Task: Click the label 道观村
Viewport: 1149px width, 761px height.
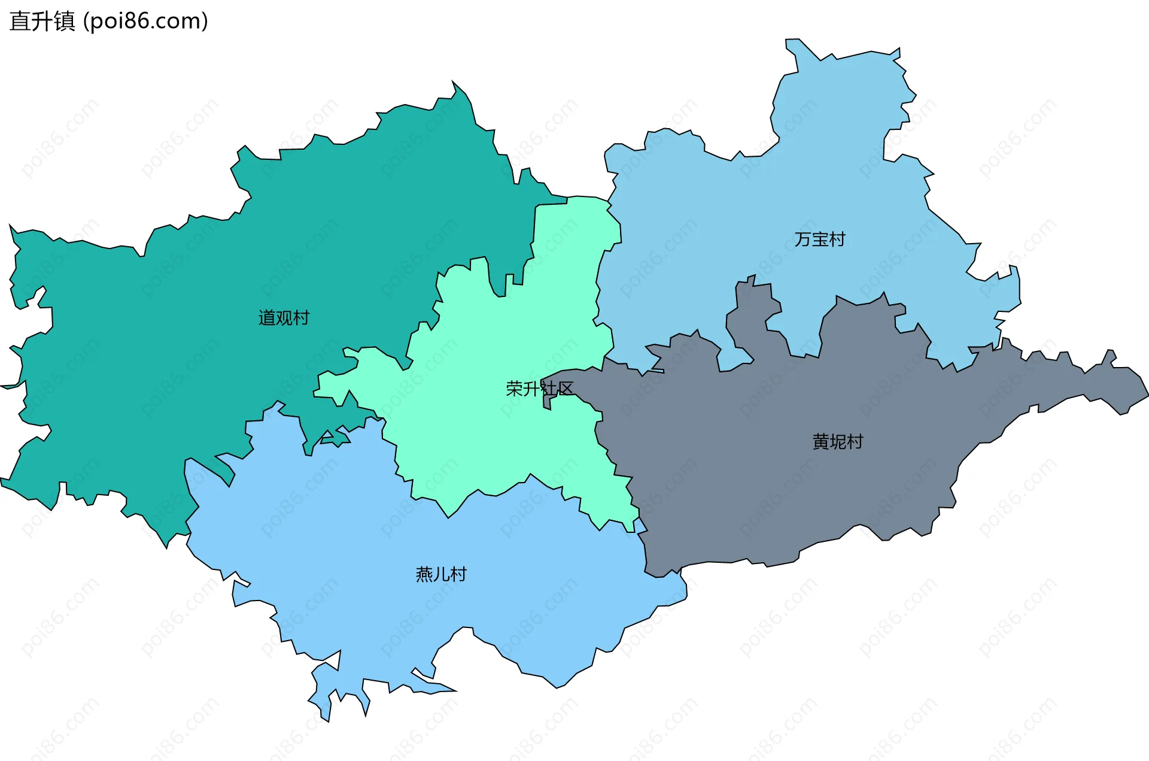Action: pyautogui.click(x=284, y=318)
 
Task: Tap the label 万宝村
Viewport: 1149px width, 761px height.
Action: pyautogui.click(x=820, y=239)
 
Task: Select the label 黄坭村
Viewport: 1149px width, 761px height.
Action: pyautogui.click(x=837, y=442)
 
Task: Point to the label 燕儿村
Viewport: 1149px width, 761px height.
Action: pyautogui.click(x=441, y=574)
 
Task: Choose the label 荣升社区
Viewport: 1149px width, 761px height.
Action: pyautogui.click(x=539, y=389)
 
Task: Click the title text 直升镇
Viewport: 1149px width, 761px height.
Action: pyautogui.click(x=42, y=21)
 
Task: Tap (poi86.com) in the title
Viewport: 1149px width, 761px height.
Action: pyautogui.click(x=145, y=21)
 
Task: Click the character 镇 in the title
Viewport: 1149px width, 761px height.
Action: pyautogui.click(x=65, y=21)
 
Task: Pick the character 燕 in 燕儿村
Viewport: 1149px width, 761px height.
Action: pyautogui.click(x=424, y=574)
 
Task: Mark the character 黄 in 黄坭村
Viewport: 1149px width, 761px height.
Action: pyautogui.click(x=820, y=442)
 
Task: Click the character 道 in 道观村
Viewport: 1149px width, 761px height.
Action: pyautogui.click(x=267, y=318)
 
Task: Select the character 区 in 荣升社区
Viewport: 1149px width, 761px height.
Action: pyautogui.click(x=566, y=389)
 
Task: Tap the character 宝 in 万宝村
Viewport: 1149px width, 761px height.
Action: pyautogui.click(x=820, y=239)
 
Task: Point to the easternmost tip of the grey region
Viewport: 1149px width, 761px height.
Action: pyautogui.click(x=1144, y=395)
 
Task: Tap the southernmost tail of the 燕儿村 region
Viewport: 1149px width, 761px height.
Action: pyautogui.click(x=325, y=716)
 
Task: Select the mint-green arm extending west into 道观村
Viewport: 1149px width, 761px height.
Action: pyautogui.click(x=341, y=383)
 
